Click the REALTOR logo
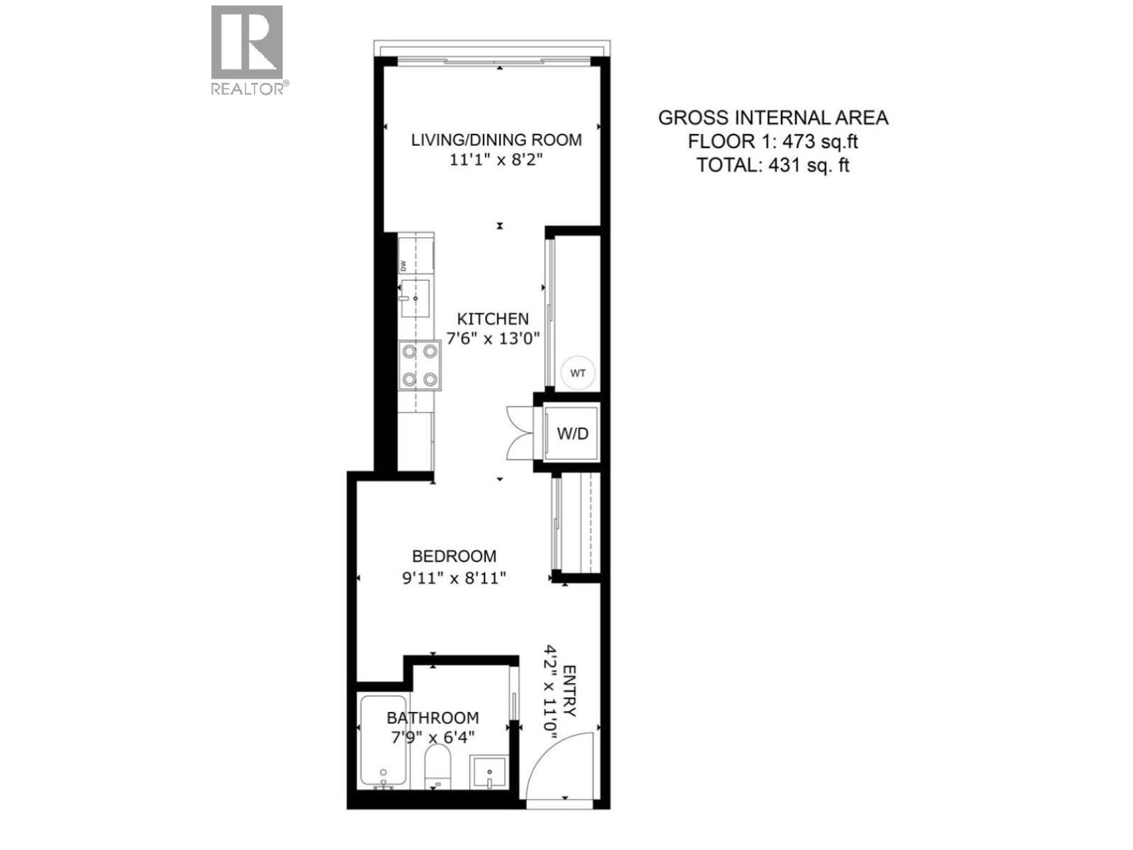point(247,48)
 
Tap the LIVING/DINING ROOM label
point(496,140)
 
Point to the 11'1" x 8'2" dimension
point(496,160)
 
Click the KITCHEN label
point(492,319)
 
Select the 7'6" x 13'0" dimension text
point(492,338)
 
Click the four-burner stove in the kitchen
point(420,365)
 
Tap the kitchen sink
point(415,298)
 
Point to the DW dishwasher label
point(404,266)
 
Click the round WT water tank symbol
point(578,373)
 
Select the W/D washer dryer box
point(572,433)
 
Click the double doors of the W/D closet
point(520,433)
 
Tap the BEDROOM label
point(454,557)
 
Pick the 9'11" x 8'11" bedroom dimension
point(454,578)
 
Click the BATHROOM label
point(433,718)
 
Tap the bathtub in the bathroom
point(383,741)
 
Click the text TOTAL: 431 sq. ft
point(773,165)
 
